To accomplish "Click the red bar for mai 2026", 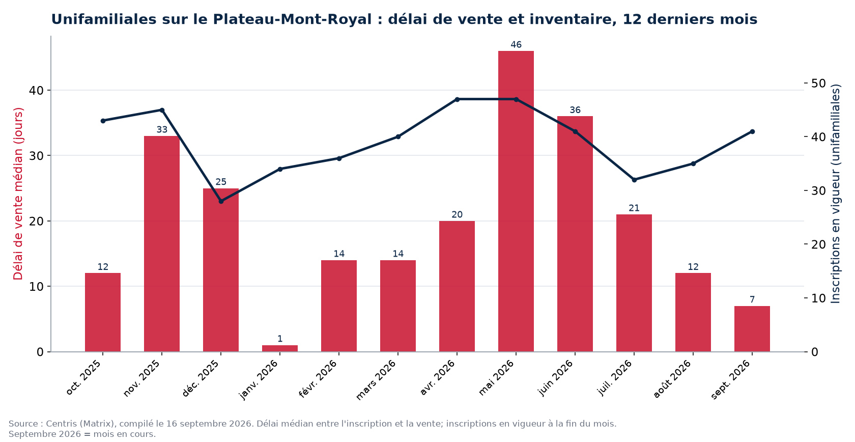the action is pos(516,201).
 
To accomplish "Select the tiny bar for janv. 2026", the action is pos(280,348).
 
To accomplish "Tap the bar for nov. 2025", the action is pos(162,244).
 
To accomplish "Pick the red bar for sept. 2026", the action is pos(752,329).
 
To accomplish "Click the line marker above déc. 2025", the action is pos(221,201).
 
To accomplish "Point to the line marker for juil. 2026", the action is pos(634,180).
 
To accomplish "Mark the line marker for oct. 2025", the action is pos(103,121).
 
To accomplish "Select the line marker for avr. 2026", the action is pos(457,99).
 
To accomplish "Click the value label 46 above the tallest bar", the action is pos(516,45).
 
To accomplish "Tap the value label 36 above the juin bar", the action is pos(575,110).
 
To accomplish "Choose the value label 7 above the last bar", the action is pos(752,299).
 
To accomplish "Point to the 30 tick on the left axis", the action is pos(37,155).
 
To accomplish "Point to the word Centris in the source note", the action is pos(62,424).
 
